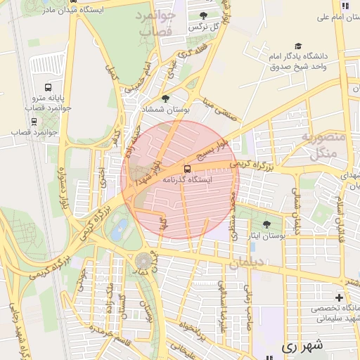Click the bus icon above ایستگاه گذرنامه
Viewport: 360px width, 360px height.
[x=187, y=169]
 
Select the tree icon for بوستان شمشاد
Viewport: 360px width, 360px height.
[x=165, y=99]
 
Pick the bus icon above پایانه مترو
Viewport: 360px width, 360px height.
[x=48, y=88]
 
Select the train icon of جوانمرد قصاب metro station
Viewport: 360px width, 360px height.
[x=34, y=121]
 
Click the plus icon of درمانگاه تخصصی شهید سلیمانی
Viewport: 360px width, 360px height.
[x=340, y=298]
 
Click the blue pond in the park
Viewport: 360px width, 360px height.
[x=121, y=226]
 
